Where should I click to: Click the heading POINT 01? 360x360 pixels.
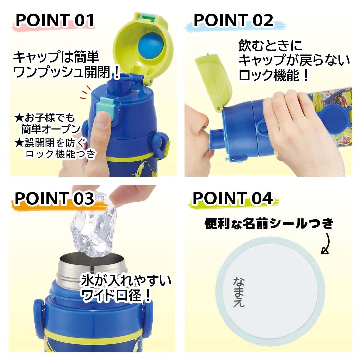pyautogui.click(x=55, y=20)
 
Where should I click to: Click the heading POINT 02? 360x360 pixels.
pyautogui.click(x=233, y=20)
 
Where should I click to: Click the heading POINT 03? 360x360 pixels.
pyautogui.click(x=54, y=198)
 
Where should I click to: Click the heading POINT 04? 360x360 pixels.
pyautogui.click(x=232, y=198)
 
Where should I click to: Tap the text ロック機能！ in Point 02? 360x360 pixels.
pyautogui.click(x=274, y=76)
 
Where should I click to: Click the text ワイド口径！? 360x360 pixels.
pyautogui.click(x=116, y=296)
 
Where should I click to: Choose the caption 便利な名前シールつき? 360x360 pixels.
pyautogui.click(x=269, y=224)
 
